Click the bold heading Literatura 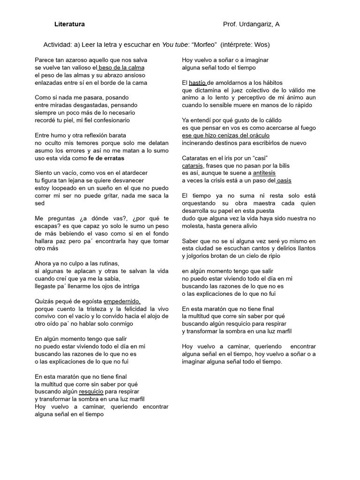[x=69, y=24]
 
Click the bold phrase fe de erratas [x=106, y=158]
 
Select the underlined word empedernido [x=122, y=301]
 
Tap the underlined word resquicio [x=91, y=391]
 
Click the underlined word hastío [x=197, y=83]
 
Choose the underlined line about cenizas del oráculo [x=225, y=135]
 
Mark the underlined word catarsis [x=193, y=165]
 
